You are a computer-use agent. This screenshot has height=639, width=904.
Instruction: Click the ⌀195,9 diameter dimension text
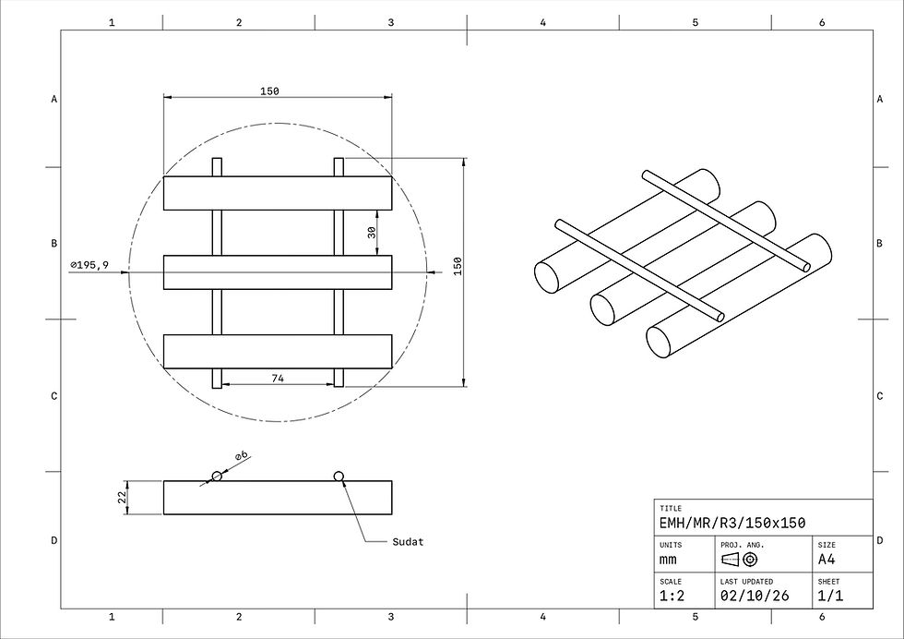[89, 265]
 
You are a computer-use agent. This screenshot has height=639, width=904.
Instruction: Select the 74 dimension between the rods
[278, 378]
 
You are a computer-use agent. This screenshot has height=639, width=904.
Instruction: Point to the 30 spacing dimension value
[372, 232]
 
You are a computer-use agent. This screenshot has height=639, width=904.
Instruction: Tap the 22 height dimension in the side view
[122, 497]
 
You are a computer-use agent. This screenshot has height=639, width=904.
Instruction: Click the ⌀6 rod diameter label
[241, 455]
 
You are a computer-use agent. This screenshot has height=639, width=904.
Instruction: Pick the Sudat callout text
[408, 541]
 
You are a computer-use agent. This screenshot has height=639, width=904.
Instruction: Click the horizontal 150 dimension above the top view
[269, 90]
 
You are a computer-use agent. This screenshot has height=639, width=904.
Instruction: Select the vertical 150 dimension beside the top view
[458, 266]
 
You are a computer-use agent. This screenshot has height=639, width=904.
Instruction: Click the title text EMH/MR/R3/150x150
[732, 523]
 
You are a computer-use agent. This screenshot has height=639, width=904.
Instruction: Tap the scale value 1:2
[672, 596]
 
